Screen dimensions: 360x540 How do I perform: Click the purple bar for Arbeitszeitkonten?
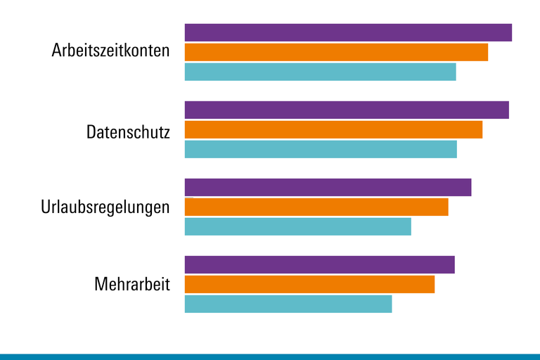coord(348,32)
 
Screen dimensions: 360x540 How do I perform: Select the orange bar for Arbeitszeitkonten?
coord(336,52)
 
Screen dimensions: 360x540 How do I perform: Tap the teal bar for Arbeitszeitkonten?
coord(320,72)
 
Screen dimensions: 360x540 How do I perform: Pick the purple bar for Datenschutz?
coord(347,110)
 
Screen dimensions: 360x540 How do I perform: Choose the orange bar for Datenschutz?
coord(333,129)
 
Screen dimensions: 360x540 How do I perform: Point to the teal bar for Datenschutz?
coord(321,149)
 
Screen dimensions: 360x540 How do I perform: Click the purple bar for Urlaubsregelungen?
coord(328,187)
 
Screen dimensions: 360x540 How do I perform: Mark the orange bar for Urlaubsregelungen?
coord(316,207)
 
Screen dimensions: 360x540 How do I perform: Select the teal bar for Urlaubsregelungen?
coord(297,226)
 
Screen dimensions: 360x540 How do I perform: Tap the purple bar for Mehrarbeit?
coord(320,264)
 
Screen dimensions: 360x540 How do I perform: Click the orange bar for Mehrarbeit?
coord(309,284)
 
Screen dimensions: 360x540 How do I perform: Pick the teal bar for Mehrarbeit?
coord(288,304)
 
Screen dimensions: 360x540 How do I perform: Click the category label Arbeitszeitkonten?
coord(111,51)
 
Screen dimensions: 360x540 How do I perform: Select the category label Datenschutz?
coord(128,131)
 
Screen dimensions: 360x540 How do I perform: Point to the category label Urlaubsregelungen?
coord(105,208)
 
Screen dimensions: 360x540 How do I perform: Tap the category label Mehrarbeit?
coord(132,285)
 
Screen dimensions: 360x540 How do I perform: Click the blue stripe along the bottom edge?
coord(270,356)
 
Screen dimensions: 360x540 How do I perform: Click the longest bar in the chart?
coord(348,32)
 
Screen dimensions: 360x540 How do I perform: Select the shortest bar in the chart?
coord(288,304)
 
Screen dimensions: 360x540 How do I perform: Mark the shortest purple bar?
coord(320,264)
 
